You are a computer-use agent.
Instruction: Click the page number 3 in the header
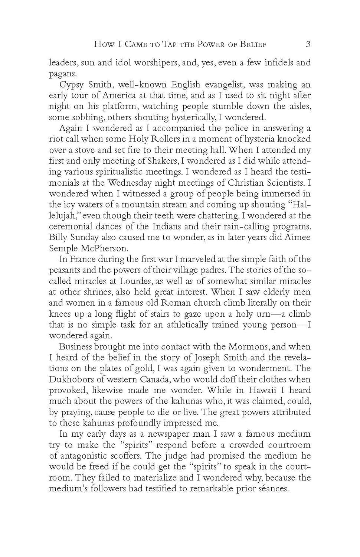point(308,44)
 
